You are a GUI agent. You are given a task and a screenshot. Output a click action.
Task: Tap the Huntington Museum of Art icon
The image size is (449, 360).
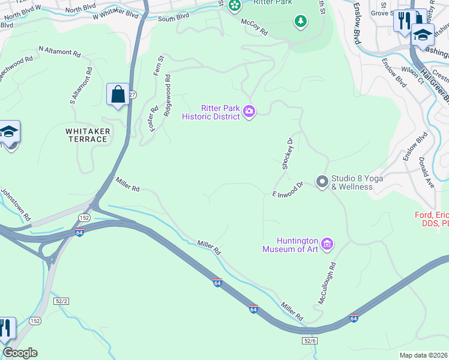coord(327,244)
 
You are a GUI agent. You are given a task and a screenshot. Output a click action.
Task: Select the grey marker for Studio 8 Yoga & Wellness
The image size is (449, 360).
coord(322,181)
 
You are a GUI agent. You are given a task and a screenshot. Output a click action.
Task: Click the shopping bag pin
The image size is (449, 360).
coord(118,94)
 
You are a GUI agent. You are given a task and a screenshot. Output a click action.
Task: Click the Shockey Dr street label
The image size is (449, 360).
coord(287,154)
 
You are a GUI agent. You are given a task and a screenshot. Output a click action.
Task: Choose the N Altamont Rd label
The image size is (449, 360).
coord(59,51)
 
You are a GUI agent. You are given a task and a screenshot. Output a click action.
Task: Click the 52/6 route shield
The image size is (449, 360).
coord(309,340)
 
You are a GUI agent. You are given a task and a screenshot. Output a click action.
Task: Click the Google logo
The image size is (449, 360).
coord(20,353)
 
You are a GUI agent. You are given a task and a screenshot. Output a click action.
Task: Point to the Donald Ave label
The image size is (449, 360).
coord(426,173)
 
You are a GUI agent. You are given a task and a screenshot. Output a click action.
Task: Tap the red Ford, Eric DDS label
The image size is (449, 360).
coord(432,219)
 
